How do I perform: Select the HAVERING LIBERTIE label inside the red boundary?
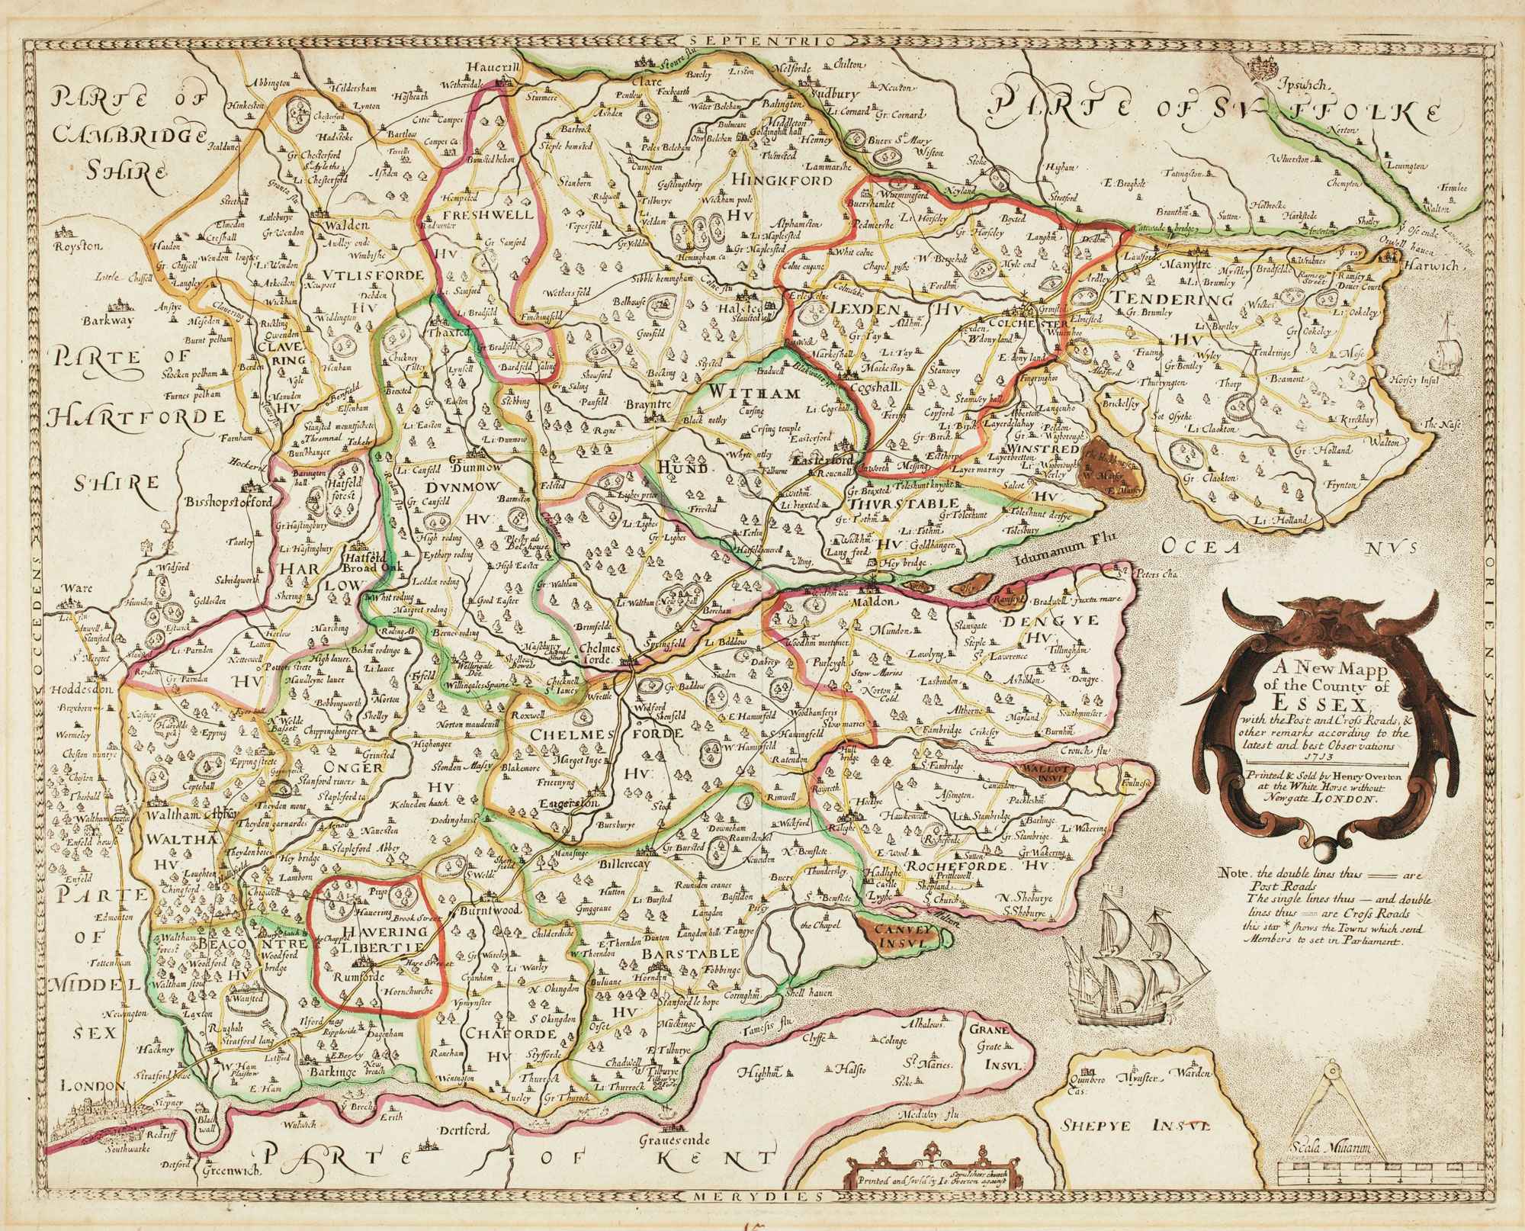point(371,939)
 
